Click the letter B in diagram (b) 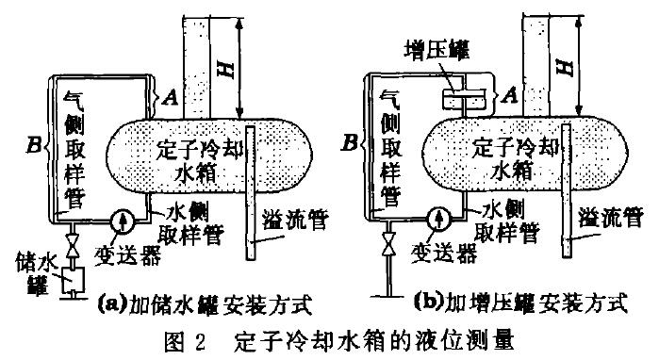351,145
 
